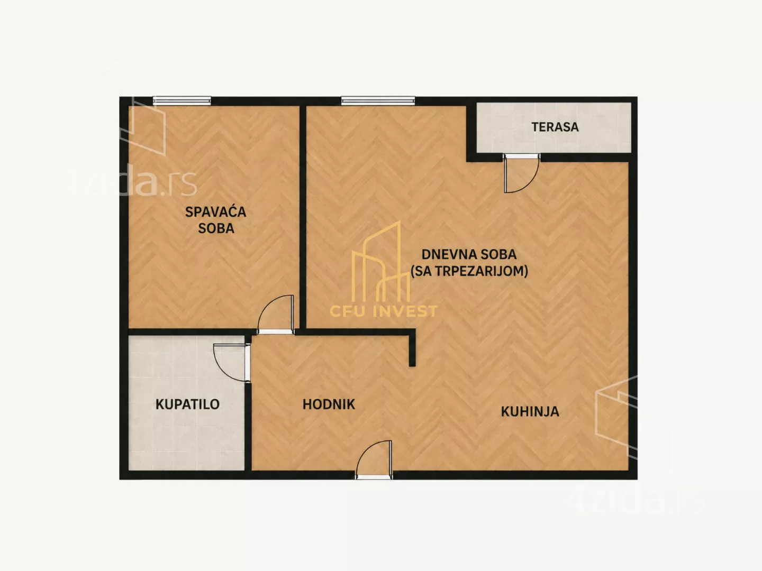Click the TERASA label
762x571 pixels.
point(555,127)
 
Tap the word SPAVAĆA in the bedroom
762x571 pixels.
point(215,211)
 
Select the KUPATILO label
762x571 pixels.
point(187,404)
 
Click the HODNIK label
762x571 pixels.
point(329,404)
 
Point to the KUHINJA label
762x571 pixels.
point(530,411)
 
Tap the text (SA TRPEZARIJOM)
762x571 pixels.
point(469,271)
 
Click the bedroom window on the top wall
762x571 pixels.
point(182,100)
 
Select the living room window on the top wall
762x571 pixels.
point(378,100)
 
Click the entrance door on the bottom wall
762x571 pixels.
point(374,459)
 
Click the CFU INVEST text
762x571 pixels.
point(384,311)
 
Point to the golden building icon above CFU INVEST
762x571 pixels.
point(381,261)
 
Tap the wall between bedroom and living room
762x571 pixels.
point(303,217)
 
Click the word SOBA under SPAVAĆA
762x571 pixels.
point(216,228)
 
